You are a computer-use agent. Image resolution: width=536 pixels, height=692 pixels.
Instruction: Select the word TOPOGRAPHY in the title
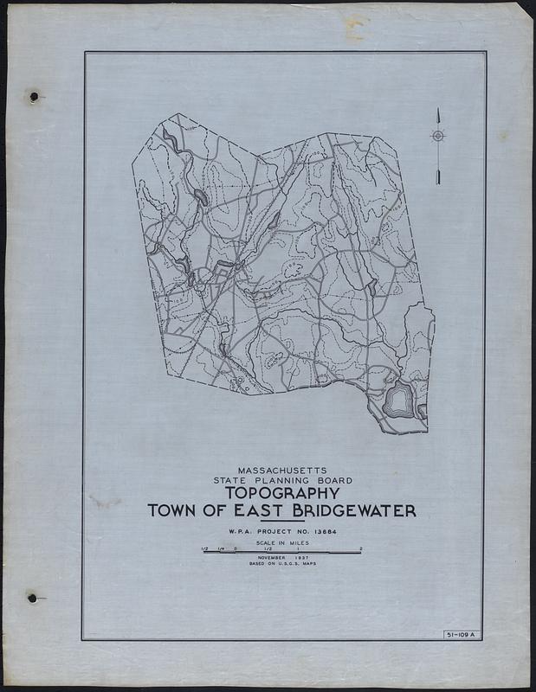(x=282, y=494)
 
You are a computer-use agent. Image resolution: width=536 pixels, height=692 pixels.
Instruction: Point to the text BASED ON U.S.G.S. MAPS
(x=282, y=565)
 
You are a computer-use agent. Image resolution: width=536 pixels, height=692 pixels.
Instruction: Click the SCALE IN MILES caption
(x=282, y=543)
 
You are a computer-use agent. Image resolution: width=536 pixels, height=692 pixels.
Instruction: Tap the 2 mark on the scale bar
(x=361, y=548)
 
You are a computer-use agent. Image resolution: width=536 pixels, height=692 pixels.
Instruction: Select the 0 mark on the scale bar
(x=235, y=548)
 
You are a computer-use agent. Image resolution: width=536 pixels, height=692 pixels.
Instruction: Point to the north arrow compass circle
(x=438, y=136)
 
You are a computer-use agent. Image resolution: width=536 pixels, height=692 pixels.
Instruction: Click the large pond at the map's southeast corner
(x=398, y=400)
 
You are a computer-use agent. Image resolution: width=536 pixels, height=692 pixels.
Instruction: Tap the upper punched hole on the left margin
(x=34, y=97)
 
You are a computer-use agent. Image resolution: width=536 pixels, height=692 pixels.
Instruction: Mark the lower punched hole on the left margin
(x=31, y=598)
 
